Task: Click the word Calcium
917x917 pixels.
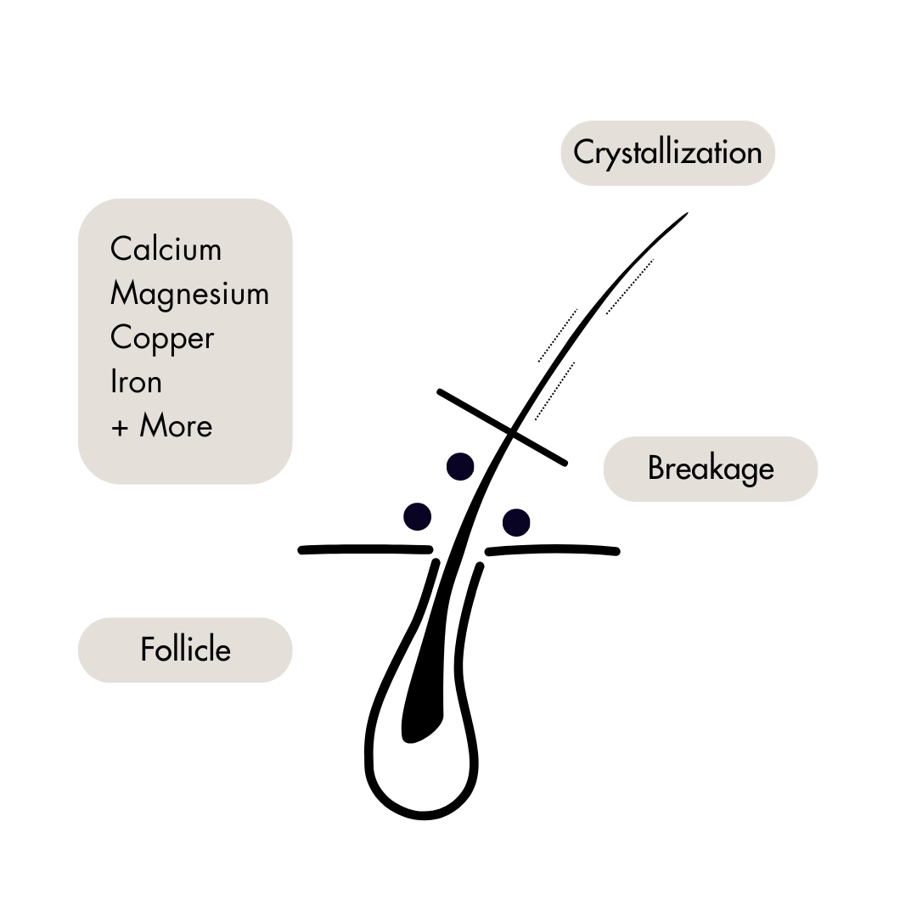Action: tap(166, 250)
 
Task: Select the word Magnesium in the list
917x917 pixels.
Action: tap(189, 294)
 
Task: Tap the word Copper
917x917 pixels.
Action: tap(161, 338)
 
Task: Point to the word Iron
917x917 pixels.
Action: tap(136, 382)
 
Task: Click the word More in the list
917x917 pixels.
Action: tap(176, 426)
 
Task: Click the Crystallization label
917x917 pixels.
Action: tap(667, 153)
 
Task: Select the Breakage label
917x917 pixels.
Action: tap(711, 469)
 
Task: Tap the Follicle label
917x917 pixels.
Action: tap(185, 650)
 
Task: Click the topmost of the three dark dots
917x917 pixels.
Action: tap(460, 467)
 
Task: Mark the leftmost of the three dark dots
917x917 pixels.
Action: tap(417, 516)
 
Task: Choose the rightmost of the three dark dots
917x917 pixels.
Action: tap(516, 522)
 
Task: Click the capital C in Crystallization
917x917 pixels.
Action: tap(583, 153)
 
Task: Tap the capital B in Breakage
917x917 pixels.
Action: tap(655, 469)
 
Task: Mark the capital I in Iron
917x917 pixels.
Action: tap(114, 382)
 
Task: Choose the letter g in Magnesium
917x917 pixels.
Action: tap(170, 297)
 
